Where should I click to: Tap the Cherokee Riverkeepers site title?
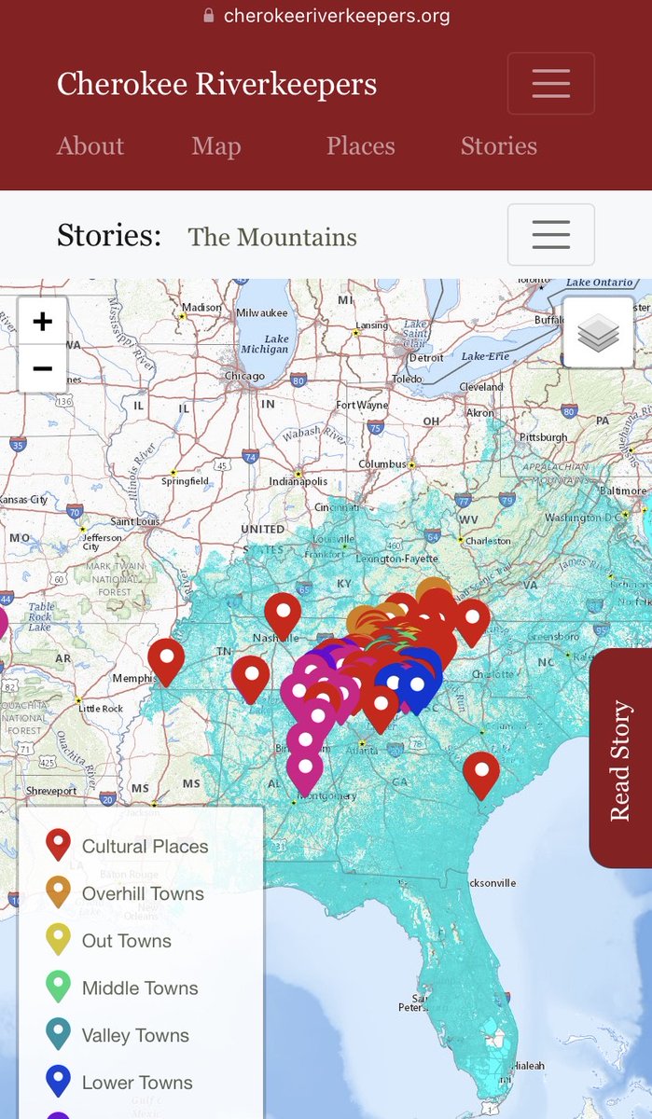pos(216,84)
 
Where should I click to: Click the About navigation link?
pos(90,146)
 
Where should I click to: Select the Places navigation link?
pos(360,146)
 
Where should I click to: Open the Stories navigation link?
pos(498,146)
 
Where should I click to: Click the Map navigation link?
pos(216,146)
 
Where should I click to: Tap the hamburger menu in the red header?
pos(550,84)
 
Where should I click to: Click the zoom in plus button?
pos(42,322)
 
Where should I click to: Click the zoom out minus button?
pos(42,368)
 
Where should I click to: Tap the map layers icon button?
pos(598,333)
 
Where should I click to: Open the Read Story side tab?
pos(621,760)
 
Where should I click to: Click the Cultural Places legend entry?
pos(145,847)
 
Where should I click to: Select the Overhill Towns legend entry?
pos(143,893)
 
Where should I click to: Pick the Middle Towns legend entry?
pos(140,988)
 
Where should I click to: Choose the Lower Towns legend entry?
pos(137,1083)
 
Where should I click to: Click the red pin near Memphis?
pos(166,658)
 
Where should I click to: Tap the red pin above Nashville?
pos(283,612)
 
